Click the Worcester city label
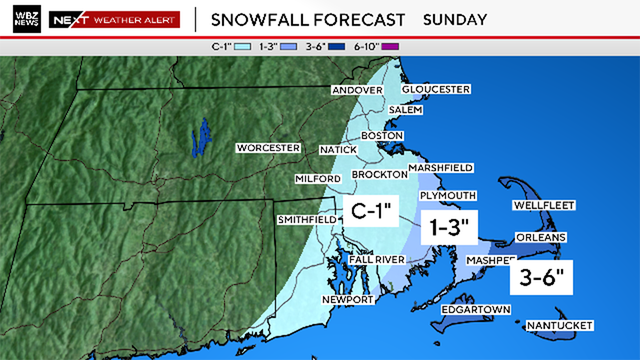click(x=268, y=148)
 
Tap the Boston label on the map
click(x=381, y=135)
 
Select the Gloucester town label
click(x=436, y=89)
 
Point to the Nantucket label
click(x=561, y=326)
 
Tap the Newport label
click(x=348, y=300)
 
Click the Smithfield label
click(x=306, y=219)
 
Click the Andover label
click(x=357, y=89)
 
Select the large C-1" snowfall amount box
click(x=373, y=211)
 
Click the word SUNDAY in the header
click(x=455, y=19)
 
